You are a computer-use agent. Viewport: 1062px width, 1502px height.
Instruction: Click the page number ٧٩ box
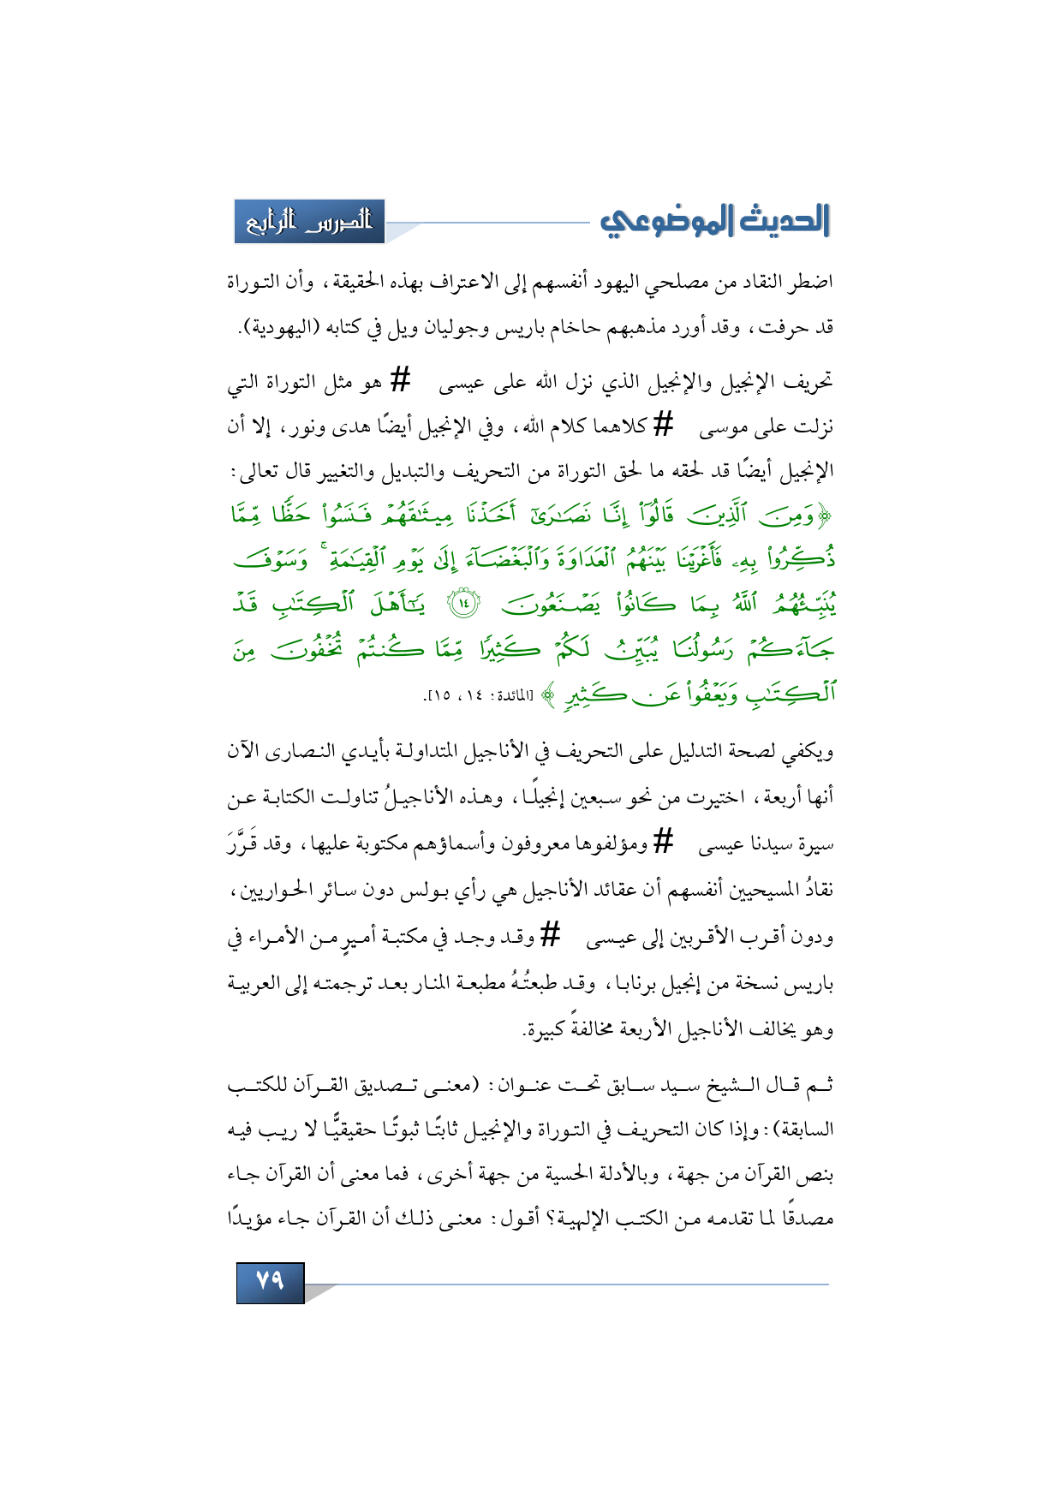point(270,1281)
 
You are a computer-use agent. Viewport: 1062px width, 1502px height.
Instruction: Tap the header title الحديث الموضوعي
point(715,221)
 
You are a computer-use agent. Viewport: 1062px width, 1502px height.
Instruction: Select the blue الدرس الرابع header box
point(309,222)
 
